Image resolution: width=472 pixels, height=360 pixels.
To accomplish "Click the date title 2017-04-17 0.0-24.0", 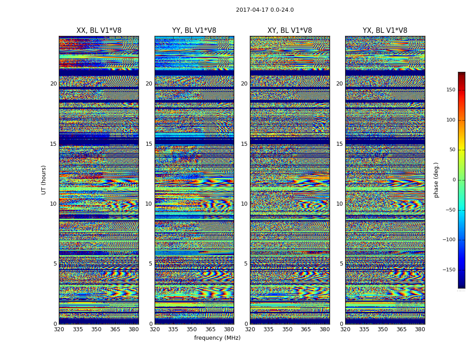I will tap(265, 10).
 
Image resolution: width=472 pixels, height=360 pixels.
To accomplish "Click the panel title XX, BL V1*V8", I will tap(99, 31).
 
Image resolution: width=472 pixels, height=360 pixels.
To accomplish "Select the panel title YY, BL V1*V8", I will tap(194, 31).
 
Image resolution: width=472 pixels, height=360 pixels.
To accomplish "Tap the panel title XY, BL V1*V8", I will tap(289, 31).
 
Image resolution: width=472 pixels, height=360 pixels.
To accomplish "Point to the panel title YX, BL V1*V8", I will tap(385, 31).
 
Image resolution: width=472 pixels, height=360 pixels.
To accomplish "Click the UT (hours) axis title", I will tap(44, 180).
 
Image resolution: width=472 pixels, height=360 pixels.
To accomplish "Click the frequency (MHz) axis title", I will tap(217, 338).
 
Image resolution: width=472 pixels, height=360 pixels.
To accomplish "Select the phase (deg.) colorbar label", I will tap(436, 180).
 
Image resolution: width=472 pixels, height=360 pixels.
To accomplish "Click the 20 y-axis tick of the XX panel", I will tap(53, 84).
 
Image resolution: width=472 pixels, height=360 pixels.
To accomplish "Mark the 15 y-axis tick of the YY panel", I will tap(149, 144).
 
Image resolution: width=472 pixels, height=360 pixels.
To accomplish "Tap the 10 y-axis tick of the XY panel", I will tap(244, 204).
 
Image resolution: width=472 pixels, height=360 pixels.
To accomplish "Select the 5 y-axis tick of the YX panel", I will tap(341, 264).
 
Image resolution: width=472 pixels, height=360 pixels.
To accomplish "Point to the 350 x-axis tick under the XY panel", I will tap(287, 329).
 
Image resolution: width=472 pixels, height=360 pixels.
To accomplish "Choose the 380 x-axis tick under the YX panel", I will tap(420, 329).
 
